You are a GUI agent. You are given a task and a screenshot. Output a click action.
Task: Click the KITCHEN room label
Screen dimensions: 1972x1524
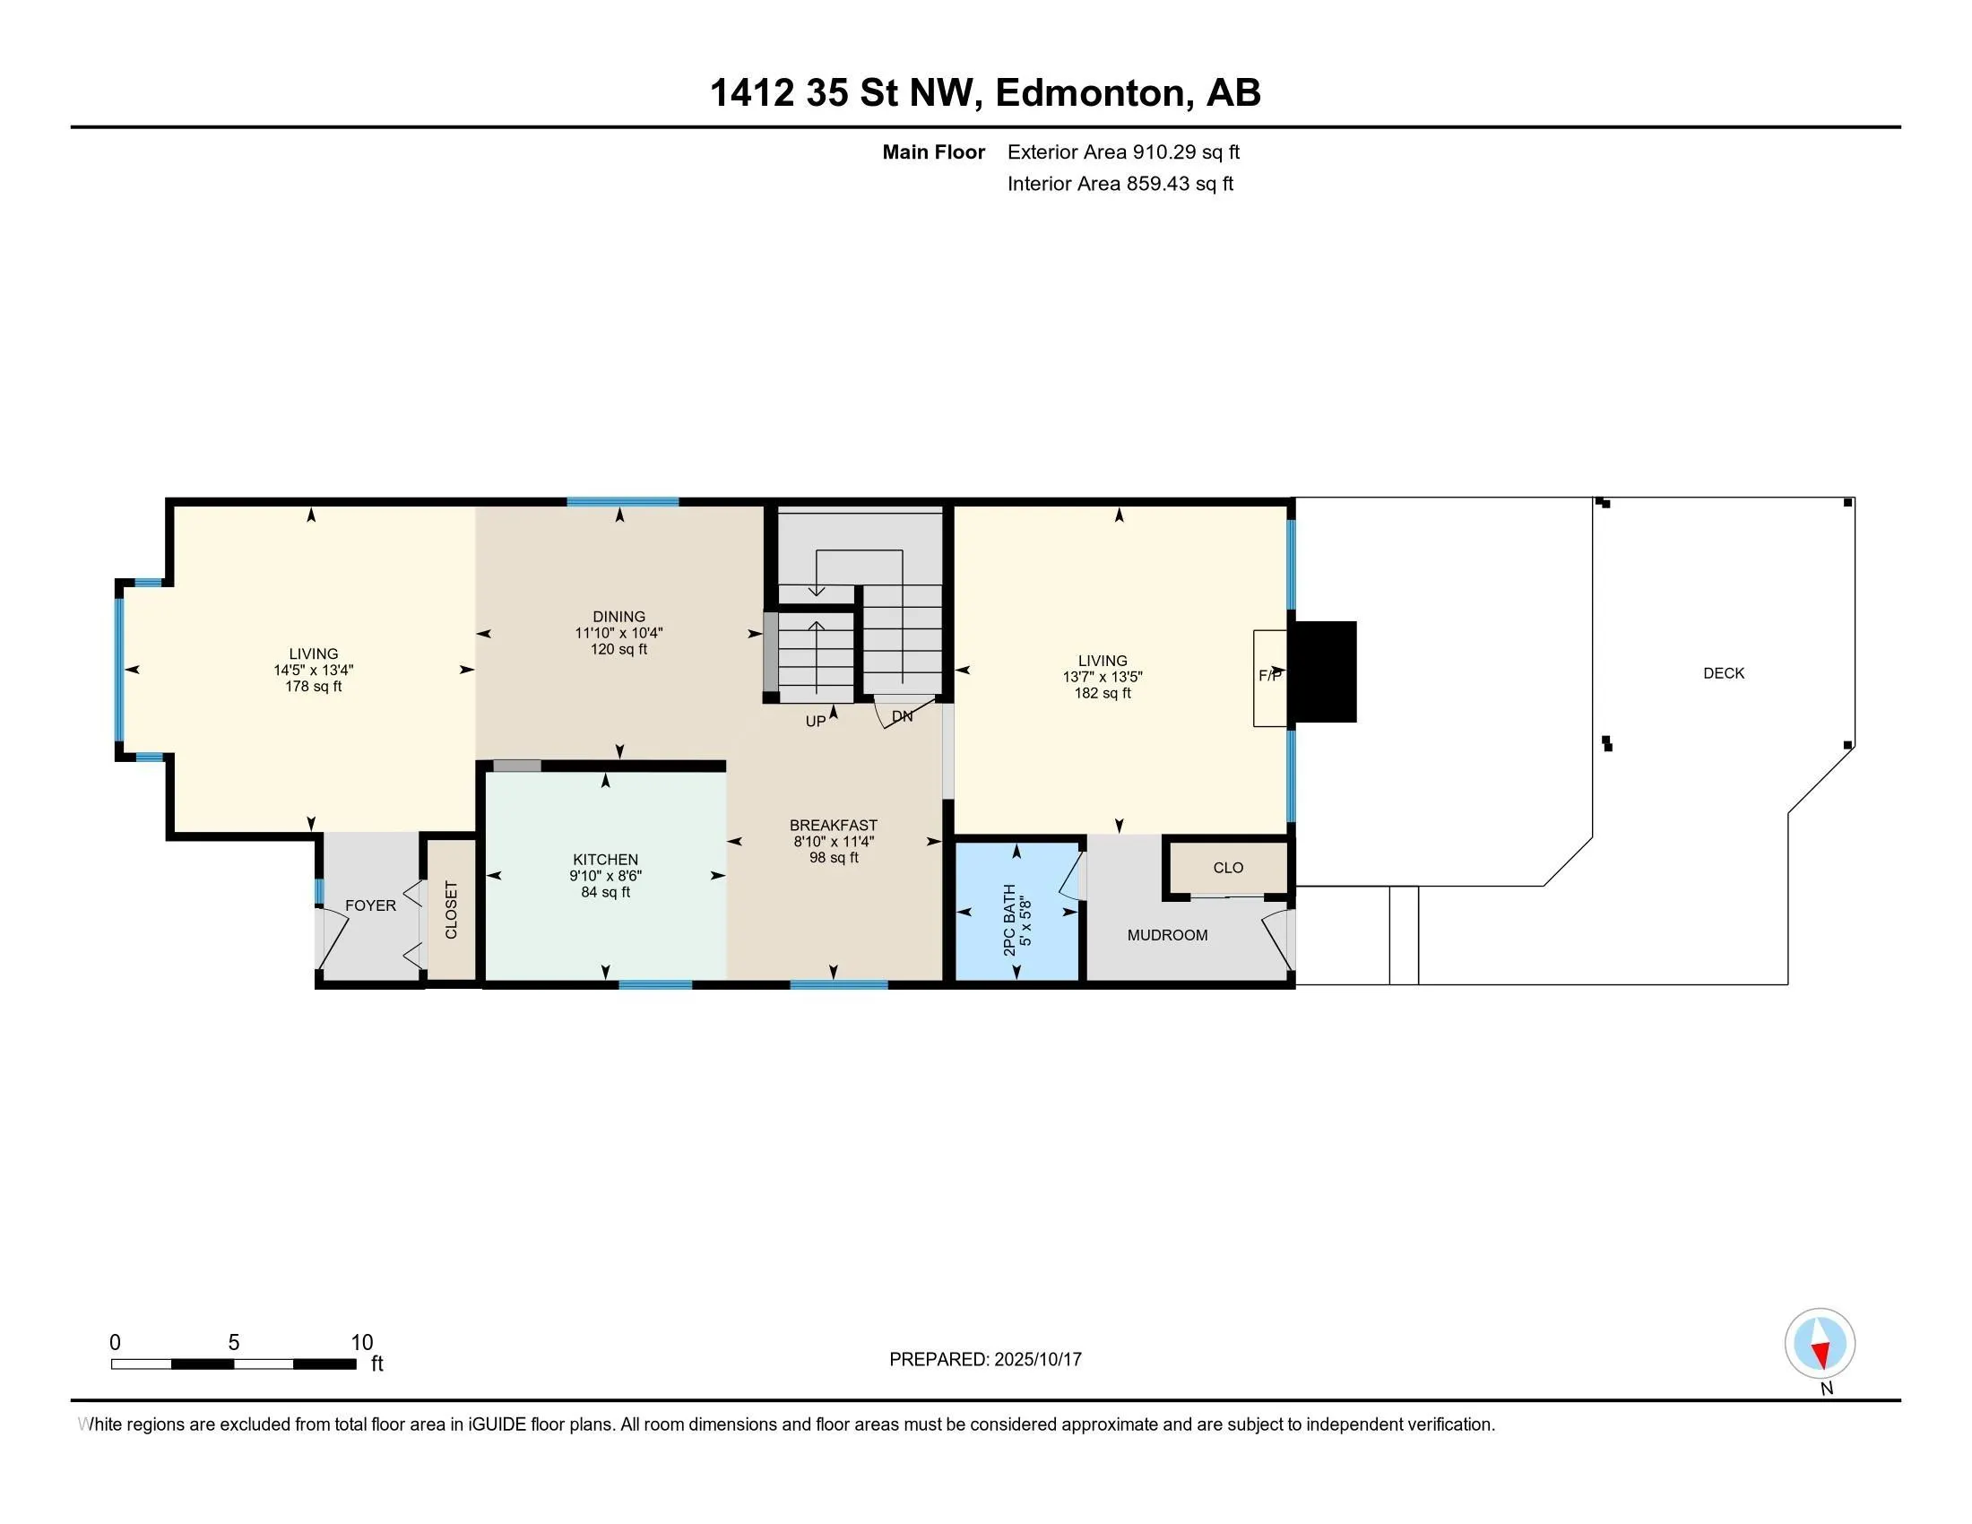[x=605, y=860]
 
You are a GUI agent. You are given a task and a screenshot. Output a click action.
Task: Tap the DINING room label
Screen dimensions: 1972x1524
[x=618, y=617]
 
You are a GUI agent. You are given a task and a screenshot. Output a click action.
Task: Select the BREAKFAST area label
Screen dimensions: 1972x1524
[x=834, y=825]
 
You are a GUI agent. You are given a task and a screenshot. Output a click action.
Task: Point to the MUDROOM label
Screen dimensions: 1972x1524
[x=1167, y=935]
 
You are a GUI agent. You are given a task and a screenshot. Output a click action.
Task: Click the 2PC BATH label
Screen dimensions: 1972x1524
[x=1009, y=920]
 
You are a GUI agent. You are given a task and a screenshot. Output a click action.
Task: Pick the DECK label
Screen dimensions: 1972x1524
[x=1724, y=672]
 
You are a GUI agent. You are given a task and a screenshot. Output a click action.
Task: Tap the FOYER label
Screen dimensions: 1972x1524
[x=370, y=905]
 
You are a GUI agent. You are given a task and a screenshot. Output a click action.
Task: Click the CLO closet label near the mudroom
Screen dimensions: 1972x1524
[x=1228, y=868]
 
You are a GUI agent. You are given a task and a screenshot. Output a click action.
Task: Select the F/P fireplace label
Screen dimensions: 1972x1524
[x=1270, y=675]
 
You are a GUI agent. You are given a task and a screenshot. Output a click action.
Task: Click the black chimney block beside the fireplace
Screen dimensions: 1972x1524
[x=1323, y=671]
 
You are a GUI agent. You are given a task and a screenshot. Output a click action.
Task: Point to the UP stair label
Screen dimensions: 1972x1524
[x=816, y=722]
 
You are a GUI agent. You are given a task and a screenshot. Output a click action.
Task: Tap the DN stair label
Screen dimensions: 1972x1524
[x=902, y=716]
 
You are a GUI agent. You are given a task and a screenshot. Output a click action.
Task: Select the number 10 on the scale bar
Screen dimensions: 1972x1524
[x=362, y=1343]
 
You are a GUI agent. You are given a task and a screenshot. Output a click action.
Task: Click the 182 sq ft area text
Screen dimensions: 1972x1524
[x=1103, y=693]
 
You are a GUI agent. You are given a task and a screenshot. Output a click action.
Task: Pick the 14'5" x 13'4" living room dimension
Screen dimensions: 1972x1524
[x=314, y=670]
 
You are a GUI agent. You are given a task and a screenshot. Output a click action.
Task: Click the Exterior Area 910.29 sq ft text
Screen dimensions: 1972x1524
[x=1123, y=152]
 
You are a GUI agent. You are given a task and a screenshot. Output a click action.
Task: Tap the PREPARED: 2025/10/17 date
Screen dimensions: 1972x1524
[x=985, y=1360]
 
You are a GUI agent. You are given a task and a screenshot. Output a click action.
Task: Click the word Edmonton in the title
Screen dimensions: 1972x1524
[x=1091, y=92]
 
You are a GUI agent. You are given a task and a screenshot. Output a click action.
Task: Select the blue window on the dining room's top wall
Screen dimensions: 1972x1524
[x=623, y=502]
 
